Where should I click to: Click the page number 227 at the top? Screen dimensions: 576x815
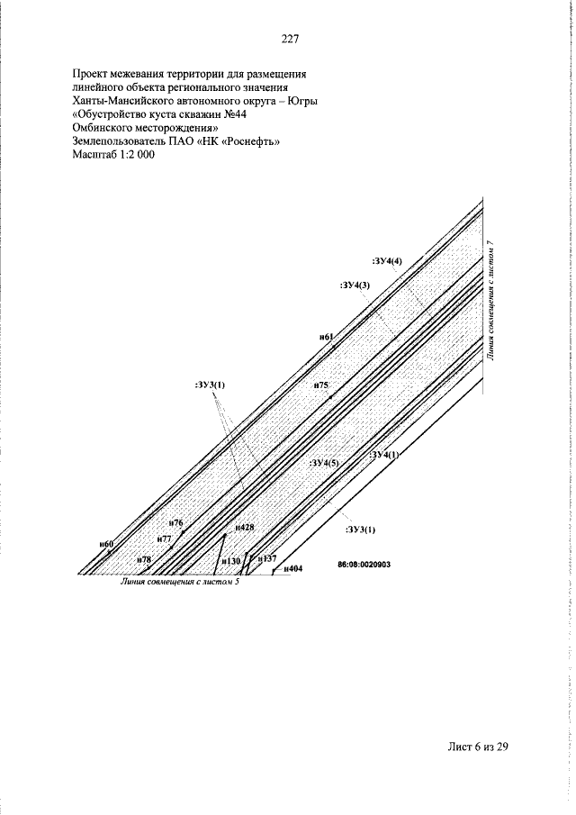[290, 39]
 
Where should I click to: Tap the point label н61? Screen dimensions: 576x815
[326, 337]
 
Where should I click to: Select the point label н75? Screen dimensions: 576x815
[321, 385]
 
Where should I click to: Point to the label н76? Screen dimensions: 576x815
[176, 523]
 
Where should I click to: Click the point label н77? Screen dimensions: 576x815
[164, 539]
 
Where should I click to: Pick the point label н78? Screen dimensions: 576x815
[144, 560]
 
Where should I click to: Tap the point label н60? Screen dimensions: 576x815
[106, 544]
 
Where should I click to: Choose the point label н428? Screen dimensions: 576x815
[245, 527]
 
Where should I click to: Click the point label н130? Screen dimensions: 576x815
[231, 561]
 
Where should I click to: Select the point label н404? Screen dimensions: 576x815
[292, 568]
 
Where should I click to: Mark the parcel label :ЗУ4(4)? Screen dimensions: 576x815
[387, 261]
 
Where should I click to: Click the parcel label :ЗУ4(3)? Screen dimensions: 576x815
[355, 285]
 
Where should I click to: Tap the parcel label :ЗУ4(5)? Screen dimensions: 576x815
[324, 462]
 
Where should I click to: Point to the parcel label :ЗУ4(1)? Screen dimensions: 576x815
[384, 455]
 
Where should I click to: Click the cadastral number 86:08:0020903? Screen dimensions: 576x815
[364, 565]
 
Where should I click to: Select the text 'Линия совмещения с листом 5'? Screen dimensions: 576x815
[180, 582]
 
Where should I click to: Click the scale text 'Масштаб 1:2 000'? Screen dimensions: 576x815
[113, 154]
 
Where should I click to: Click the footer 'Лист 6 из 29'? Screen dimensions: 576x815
[477, 747]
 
